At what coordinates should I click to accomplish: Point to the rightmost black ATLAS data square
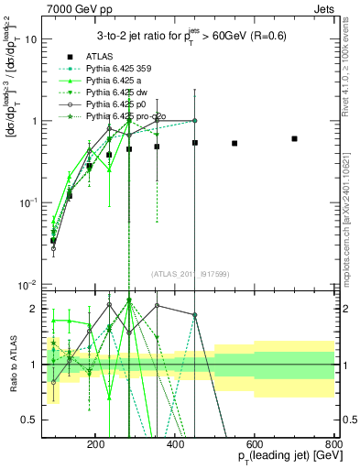[x=294, y=138]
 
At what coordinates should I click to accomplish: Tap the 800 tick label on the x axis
[x=333, y=442]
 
